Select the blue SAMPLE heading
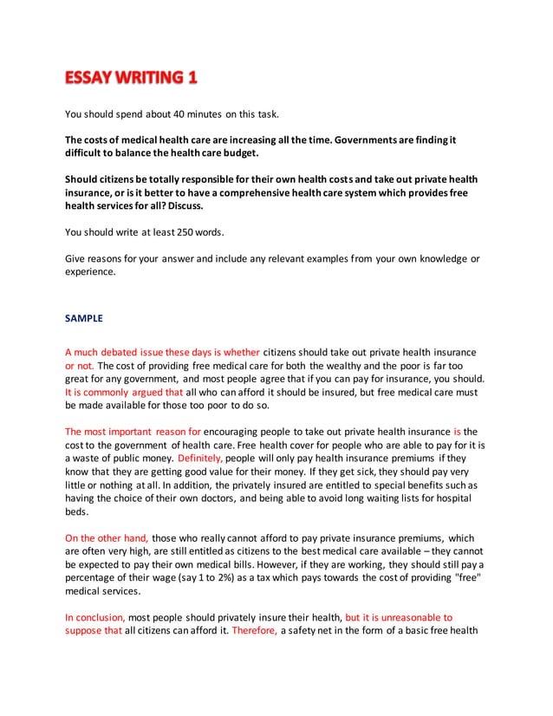pyautogui.click(x=84, y=318)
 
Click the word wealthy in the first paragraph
pyautogui.click(x=310, y=364)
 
